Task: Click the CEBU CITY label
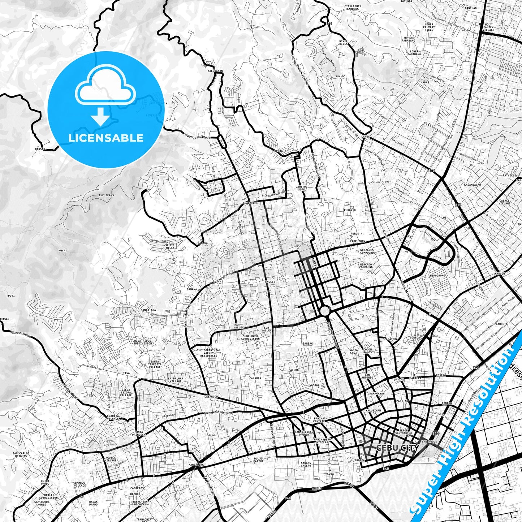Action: (397, 448)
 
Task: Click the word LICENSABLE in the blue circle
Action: (106, 138)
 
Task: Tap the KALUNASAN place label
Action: (215, 71)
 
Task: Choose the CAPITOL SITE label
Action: (301, 188)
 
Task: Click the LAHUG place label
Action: (366, 137)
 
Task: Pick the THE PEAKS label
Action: (106, 195)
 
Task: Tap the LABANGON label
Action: (211, 397)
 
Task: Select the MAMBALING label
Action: (196, 465)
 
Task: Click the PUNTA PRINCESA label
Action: (139, 433)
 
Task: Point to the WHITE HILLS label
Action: (170, 246)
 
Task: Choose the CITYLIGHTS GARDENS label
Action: (353, 8)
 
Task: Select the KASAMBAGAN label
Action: (472, 185)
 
